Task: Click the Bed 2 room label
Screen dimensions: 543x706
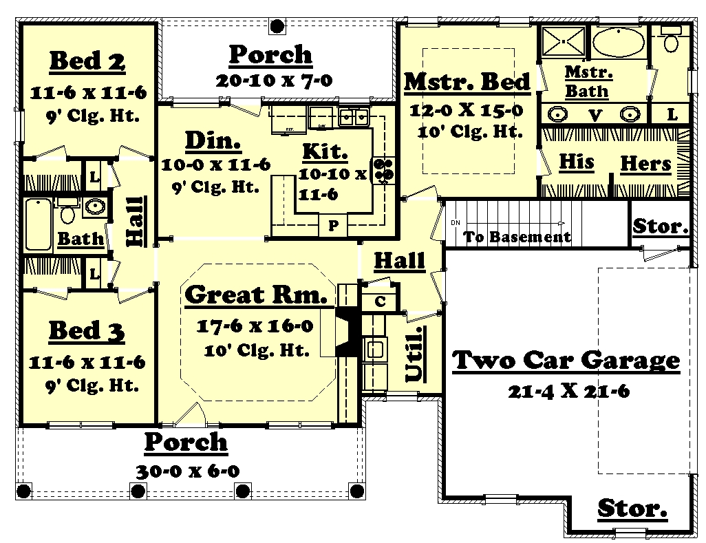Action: tap(87, 61)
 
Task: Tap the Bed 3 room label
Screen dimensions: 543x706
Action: tap(87, 331)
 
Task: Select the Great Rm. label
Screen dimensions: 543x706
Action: tap(255, 295)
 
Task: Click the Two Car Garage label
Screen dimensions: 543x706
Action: tap(566, 360)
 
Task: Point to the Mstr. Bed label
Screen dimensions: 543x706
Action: tap(467, 82)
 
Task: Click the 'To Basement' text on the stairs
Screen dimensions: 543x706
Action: tap(517, 237)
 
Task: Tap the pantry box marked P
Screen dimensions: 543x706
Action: tap(333, 225)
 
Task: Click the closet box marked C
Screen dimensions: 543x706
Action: tap(380, 301)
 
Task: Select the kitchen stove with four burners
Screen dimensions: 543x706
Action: tap(383, 169)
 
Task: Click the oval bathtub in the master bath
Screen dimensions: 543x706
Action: tap(618, 43)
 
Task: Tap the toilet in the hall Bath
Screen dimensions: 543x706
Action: tap(67, 213)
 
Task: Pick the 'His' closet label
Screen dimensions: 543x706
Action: tap(576, 162)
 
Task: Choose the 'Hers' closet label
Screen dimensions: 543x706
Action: tap(645, 164)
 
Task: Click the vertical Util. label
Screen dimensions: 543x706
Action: tap(414, 353)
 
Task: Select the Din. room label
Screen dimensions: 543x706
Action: tap(213, 141)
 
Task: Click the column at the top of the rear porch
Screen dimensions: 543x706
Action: tap(277, 26)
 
